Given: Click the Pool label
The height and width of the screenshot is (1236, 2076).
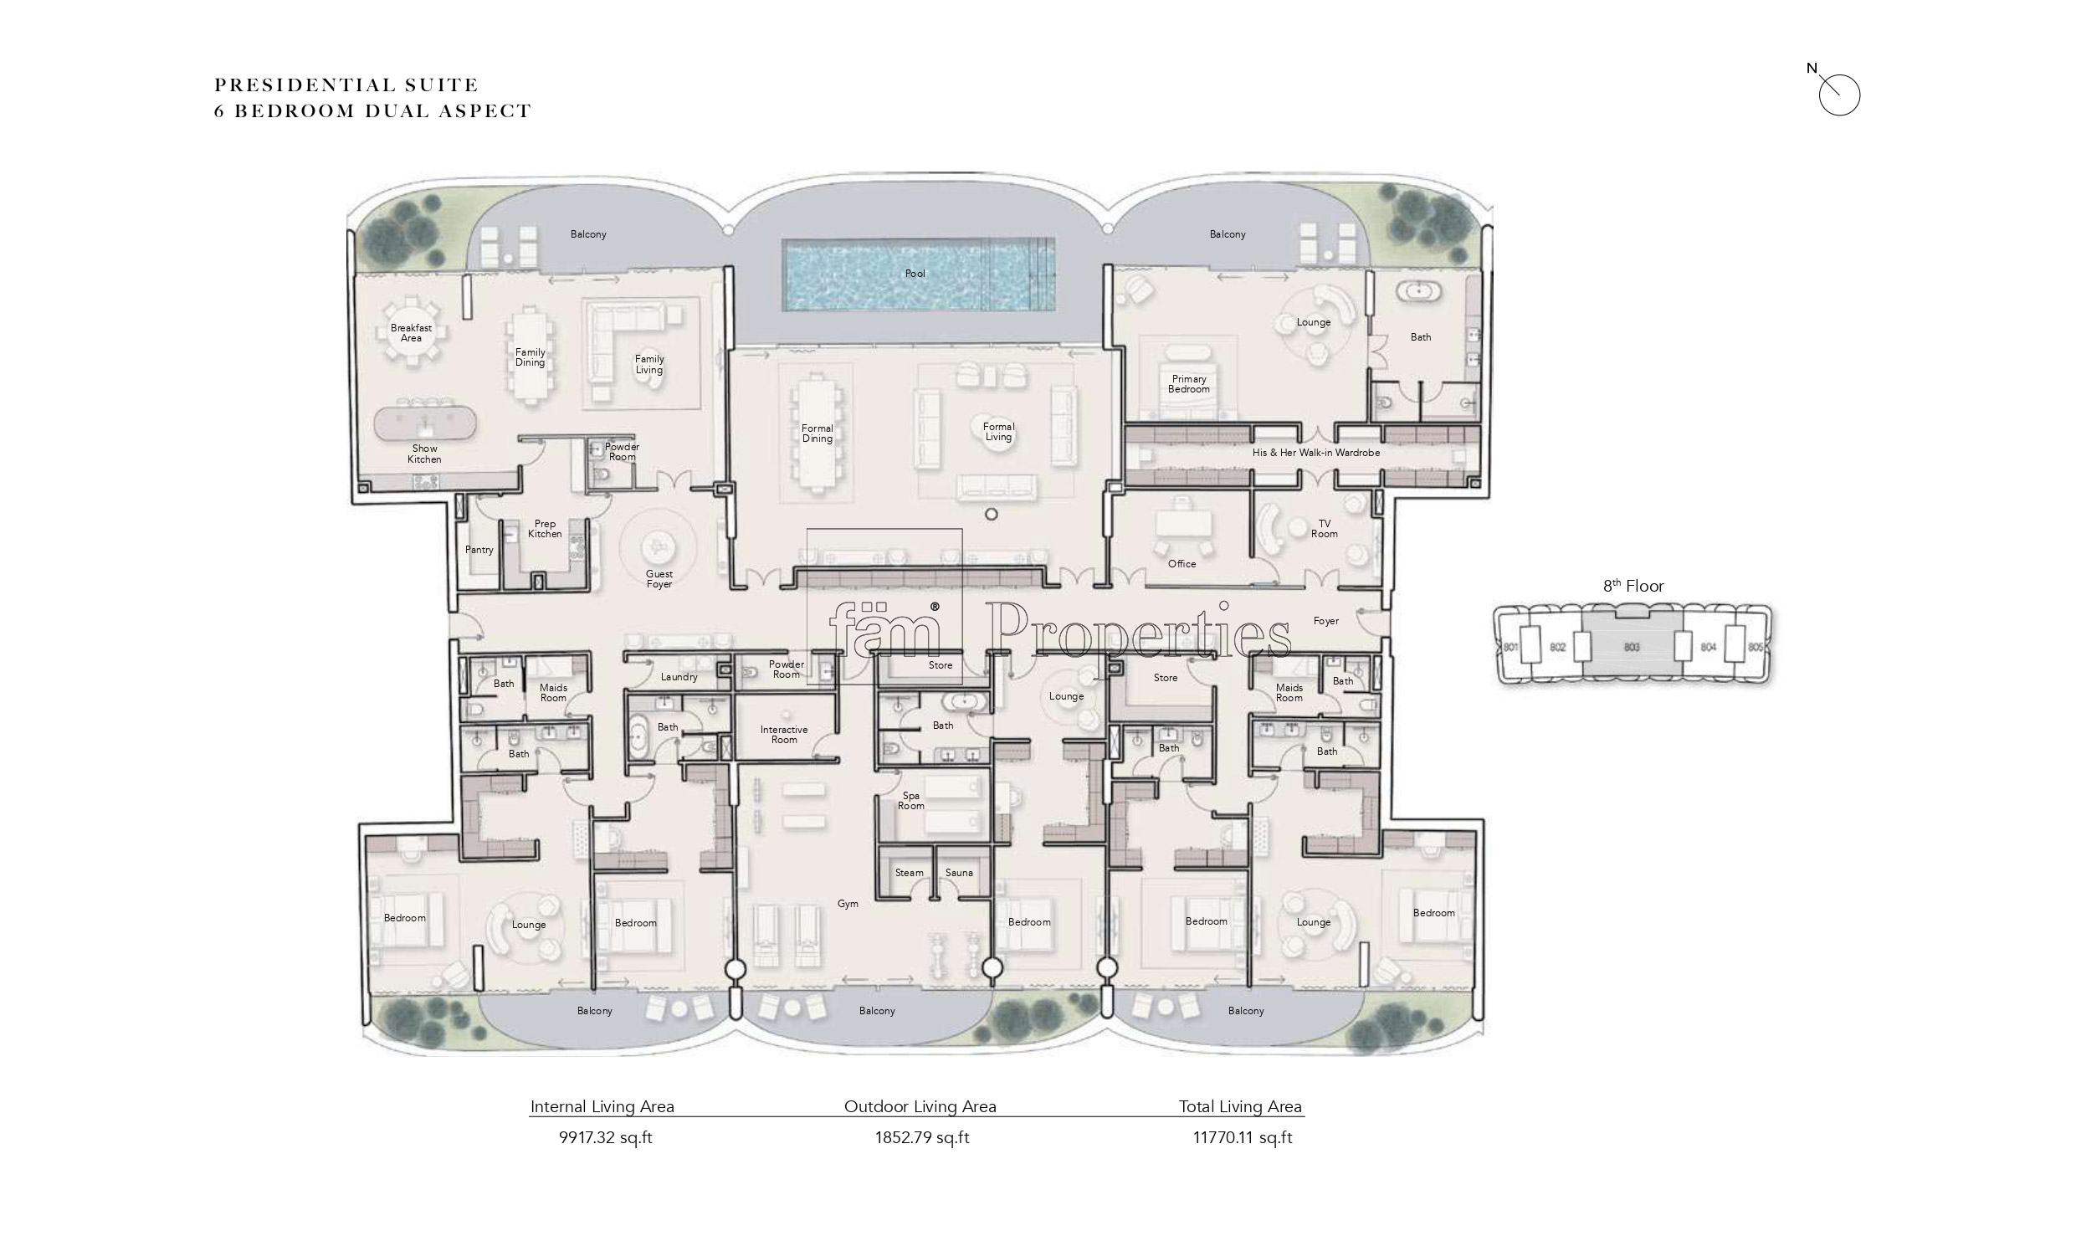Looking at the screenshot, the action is click(x=915, y=274).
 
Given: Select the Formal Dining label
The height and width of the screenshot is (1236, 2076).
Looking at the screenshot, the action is click(x=818, y=433).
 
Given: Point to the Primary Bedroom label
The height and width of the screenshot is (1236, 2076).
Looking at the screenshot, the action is click(x=1189, y=384).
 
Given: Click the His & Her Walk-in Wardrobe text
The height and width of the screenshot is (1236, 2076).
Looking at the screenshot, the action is click(x=1316, y=453).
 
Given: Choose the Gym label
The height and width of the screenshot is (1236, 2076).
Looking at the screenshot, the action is click(x=848, y=904).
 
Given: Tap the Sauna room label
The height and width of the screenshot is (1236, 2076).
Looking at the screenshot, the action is click(x=959, y=873).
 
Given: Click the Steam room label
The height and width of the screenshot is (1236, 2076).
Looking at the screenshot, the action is click(x=910, y=873).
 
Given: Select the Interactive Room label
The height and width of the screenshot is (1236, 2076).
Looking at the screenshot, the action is click(x=784, y=735).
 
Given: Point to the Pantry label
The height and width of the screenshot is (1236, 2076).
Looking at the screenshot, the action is click(x=479, y=550).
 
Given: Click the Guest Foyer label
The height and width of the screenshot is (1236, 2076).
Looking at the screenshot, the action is click(x=659, y=579).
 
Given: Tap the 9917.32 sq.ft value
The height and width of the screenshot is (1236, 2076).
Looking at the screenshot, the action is click(x=606, y=1138).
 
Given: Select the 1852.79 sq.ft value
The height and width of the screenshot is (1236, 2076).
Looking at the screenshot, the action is click(x=922, y=1138).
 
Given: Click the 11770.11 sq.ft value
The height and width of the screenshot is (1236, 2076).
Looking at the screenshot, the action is click(x=1243, y=1138).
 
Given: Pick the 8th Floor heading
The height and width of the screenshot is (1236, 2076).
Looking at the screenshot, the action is click(x=1633, y=586).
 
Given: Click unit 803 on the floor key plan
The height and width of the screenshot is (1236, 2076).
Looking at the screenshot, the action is click(x=1631, y=647).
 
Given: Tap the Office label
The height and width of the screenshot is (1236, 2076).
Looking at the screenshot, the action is click(x=1182, y=564).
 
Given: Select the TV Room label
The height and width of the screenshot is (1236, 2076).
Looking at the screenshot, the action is click(x=1325, y=529).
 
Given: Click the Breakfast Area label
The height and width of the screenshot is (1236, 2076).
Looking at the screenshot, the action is click(x=411, y=333).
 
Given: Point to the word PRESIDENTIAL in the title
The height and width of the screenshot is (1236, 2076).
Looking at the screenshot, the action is click(x=305, y=85).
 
